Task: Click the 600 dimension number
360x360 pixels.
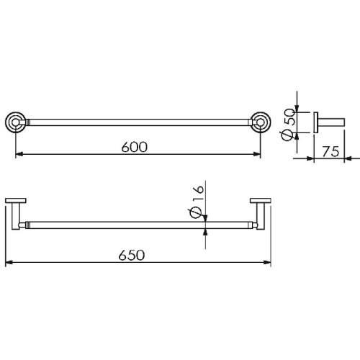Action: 135,147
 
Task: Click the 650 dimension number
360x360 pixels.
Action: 132,255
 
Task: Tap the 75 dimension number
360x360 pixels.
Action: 330,151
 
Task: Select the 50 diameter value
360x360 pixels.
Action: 289,117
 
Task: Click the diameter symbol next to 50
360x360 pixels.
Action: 287,135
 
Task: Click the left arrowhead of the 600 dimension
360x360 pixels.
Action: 19,154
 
